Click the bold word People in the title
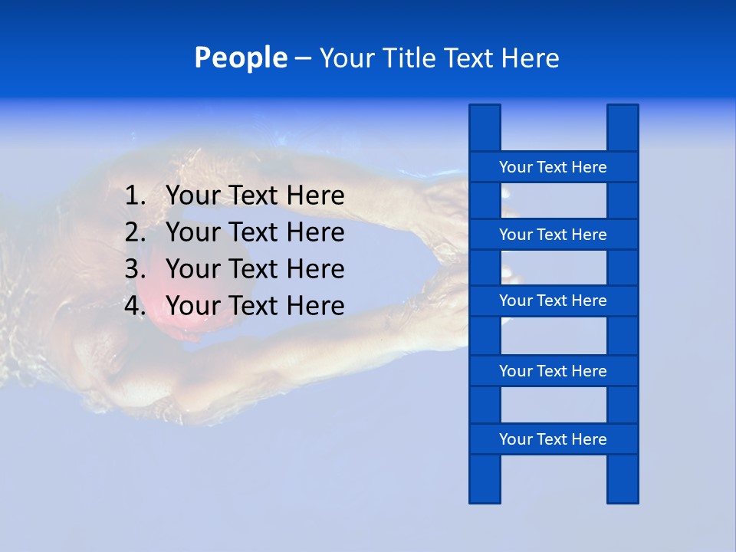240,58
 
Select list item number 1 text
255,196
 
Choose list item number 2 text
255,232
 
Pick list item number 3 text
255,269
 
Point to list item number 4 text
255,306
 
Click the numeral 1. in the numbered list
135,196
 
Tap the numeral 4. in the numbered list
135,306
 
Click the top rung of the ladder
553,167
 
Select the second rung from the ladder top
553,235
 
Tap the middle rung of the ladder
553,301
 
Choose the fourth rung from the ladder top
553,371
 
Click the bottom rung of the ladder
553,439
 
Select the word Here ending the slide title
531,58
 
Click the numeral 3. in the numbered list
135,269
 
